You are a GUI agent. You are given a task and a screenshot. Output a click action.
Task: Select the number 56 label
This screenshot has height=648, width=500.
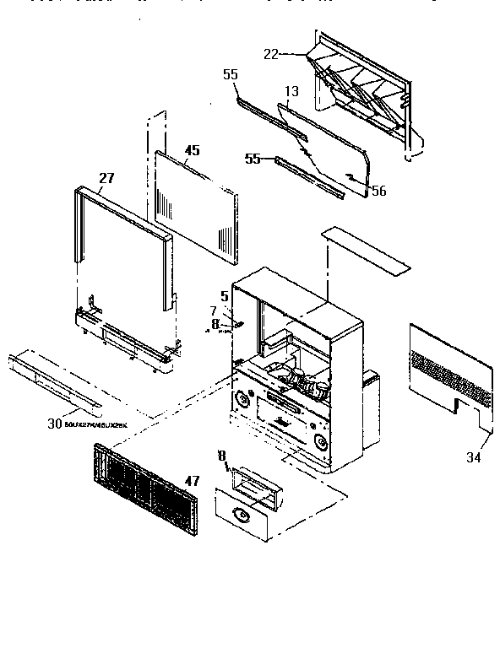click(x=378, y=192)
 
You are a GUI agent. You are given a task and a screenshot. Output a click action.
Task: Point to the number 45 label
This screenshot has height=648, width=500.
click(x=192, y=151)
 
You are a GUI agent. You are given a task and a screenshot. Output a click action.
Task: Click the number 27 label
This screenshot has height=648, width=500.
click(x=106, y=178)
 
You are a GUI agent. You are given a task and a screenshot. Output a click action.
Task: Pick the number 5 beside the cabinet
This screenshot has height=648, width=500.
click(x=225, y=295)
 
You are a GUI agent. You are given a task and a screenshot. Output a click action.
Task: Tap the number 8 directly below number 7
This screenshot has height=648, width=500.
click(x=215, y=322)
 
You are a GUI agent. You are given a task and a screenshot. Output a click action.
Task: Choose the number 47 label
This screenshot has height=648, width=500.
click(x=192, y=480)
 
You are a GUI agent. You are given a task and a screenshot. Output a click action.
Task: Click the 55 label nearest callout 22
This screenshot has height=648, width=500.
click(x=231, y=75)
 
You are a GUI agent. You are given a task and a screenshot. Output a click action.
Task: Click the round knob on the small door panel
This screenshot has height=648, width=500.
click(x=242, y=512)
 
